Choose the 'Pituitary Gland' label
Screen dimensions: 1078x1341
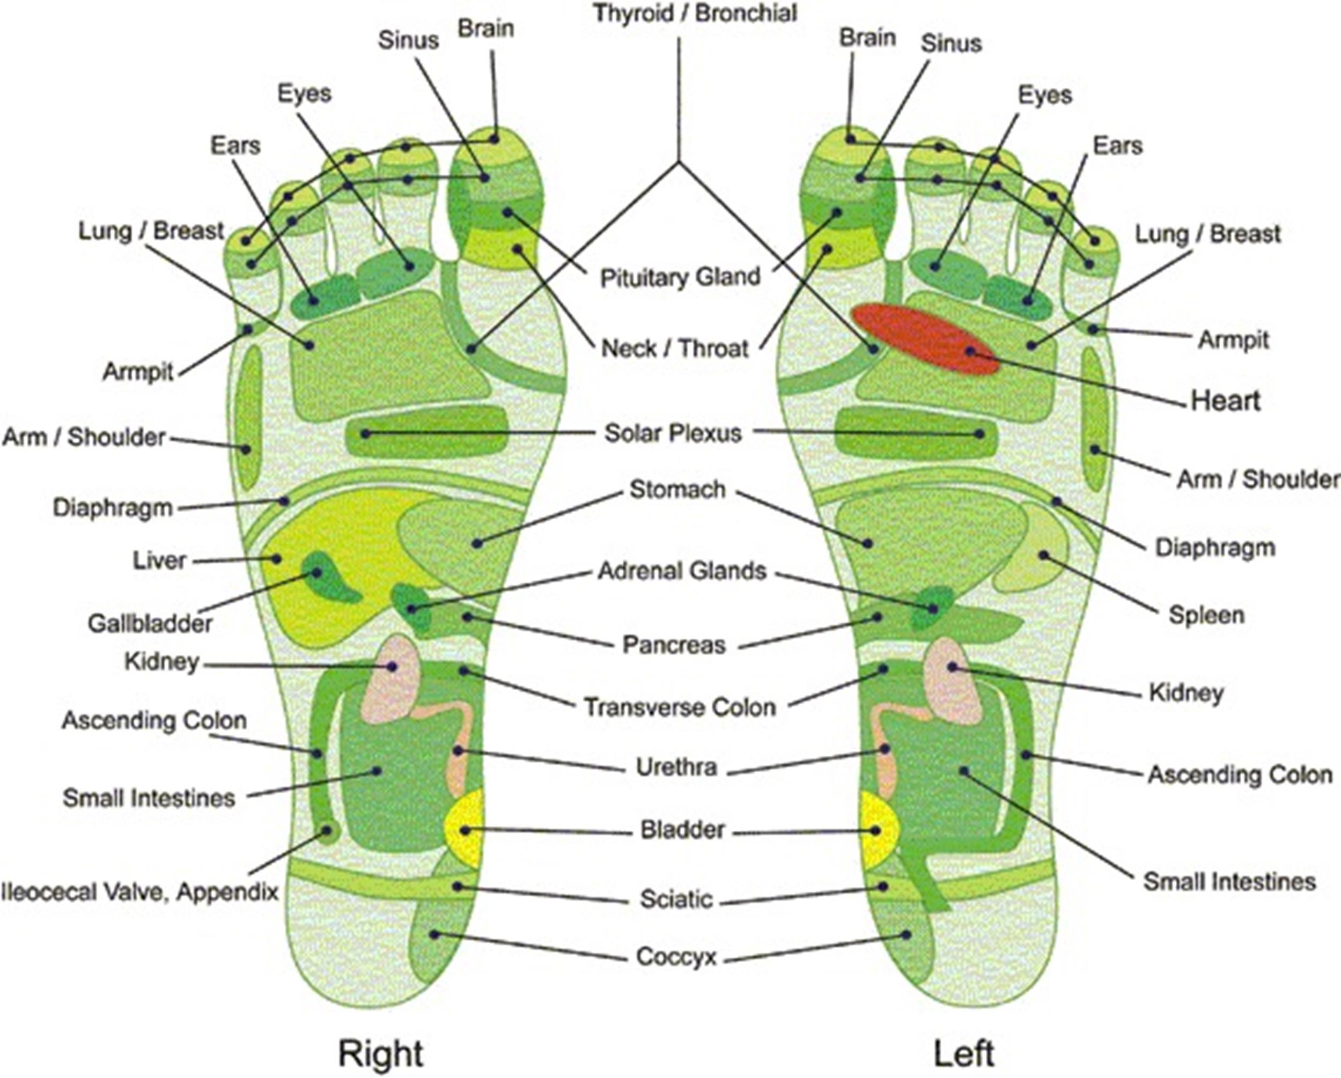click(x=680, y=277)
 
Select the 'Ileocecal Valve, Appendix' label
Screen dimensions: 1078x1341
click(x=140, y=892)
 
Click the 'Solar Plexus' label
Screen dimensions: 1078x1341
click(x=673, y=433)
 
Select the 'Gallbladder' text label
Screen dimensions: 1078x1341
click(x=150, y=623)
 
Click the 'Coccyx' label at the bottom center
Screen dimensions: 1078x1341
click(x=676, y=957)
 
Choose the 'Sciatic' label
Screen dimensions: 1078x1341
click(x=676, y=899)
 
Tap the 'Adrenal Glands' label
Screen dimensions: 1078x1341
click(x=682, y=571)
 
